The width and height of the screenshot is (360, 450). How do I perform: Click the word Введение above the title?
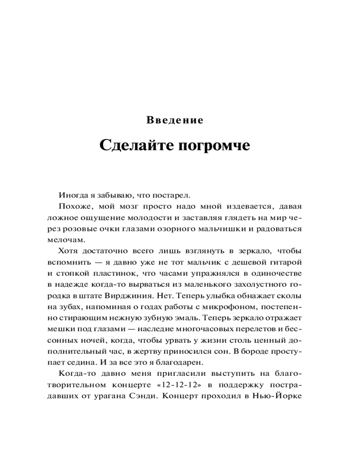point(175,121)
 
